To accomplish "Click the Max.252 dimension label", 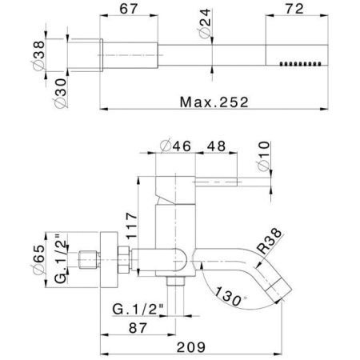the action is point(214,102).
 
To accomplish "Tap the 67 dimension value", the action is point(129,9).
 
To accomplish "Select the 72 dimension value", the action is point(294,9).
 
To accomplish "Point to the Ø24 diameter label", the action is point(205,23).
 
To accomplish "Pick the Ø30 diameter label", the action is point(61,93).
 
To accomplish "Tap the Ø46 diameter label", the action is point(176,146).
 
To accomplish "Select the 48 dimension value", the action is point(216,146).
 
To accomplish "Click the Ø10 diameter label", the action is point(263,156).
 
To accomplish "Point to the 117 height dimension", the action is point(131,226).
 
